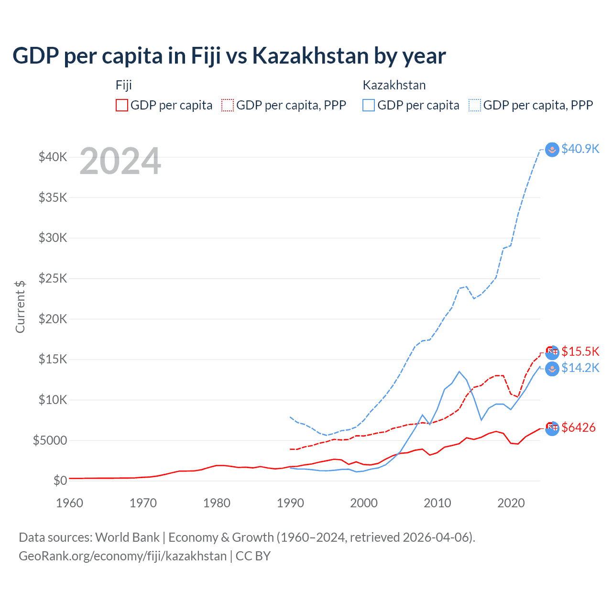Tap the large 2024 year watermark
(x=120, y=162)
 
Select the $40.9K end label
(x=580, y=149)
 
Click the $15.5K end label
(x=580, y=352)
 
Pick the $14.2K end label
(x=580, y=368)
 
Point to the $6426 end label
(x=578, y=428)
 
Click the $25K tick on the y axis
(x=53, y=278)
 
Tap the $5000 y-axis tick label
(x=50, y=440)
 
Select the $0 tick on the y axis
(x=60, y=481)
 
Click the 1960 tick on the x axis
(x=70, y=503)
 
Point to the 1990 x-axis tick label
(x=290, y=503)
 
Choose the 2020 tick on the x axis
(x=511, y=503)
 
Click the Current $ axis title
(x=20, y=307)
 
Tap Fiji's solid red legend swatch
(x=122, y=105)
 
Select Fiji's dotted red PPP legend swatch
(x=228, y=105)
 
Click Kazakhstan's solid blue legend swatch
(x=369, y=105)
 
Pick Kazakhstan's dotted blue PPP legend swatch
(x=475, y=105)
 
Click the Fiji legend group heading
(x=123, y=85)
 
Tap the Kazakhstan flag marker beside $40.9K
(x=552, y=150)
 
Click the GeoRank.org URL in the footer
(x=122, y=556)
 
